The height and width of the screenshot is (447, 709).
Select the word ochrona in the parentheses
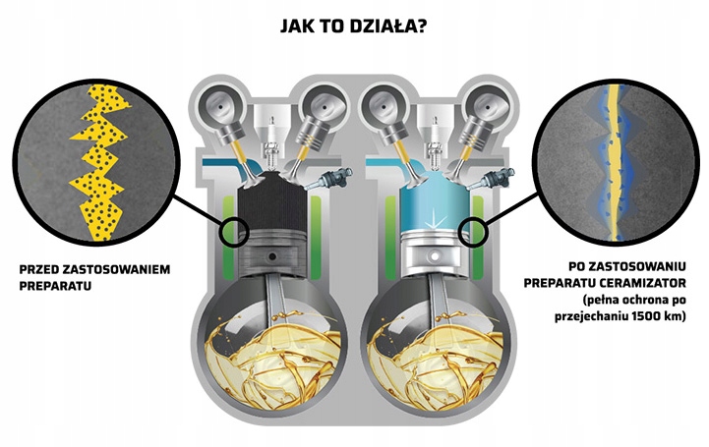639,299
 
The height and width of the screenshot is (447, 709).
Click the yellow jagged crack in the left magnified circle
97,163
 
